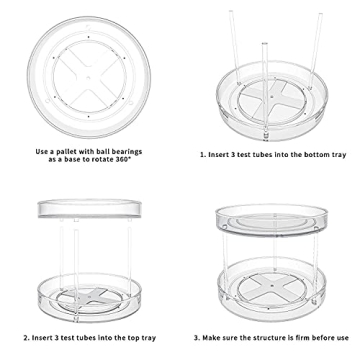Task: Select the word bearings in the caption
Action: click(x=129, y=151)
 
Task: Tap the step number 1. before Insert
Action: click(x=203, y=155)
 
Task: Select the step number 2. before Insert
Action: click(x=27, y=337)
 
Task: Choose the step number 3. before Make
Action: click(x=197, y=337)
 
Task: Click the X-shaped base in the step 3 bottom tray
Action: click(x=270, y=293)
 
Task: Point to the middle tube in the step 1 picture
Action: click(x=264, y=70)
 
